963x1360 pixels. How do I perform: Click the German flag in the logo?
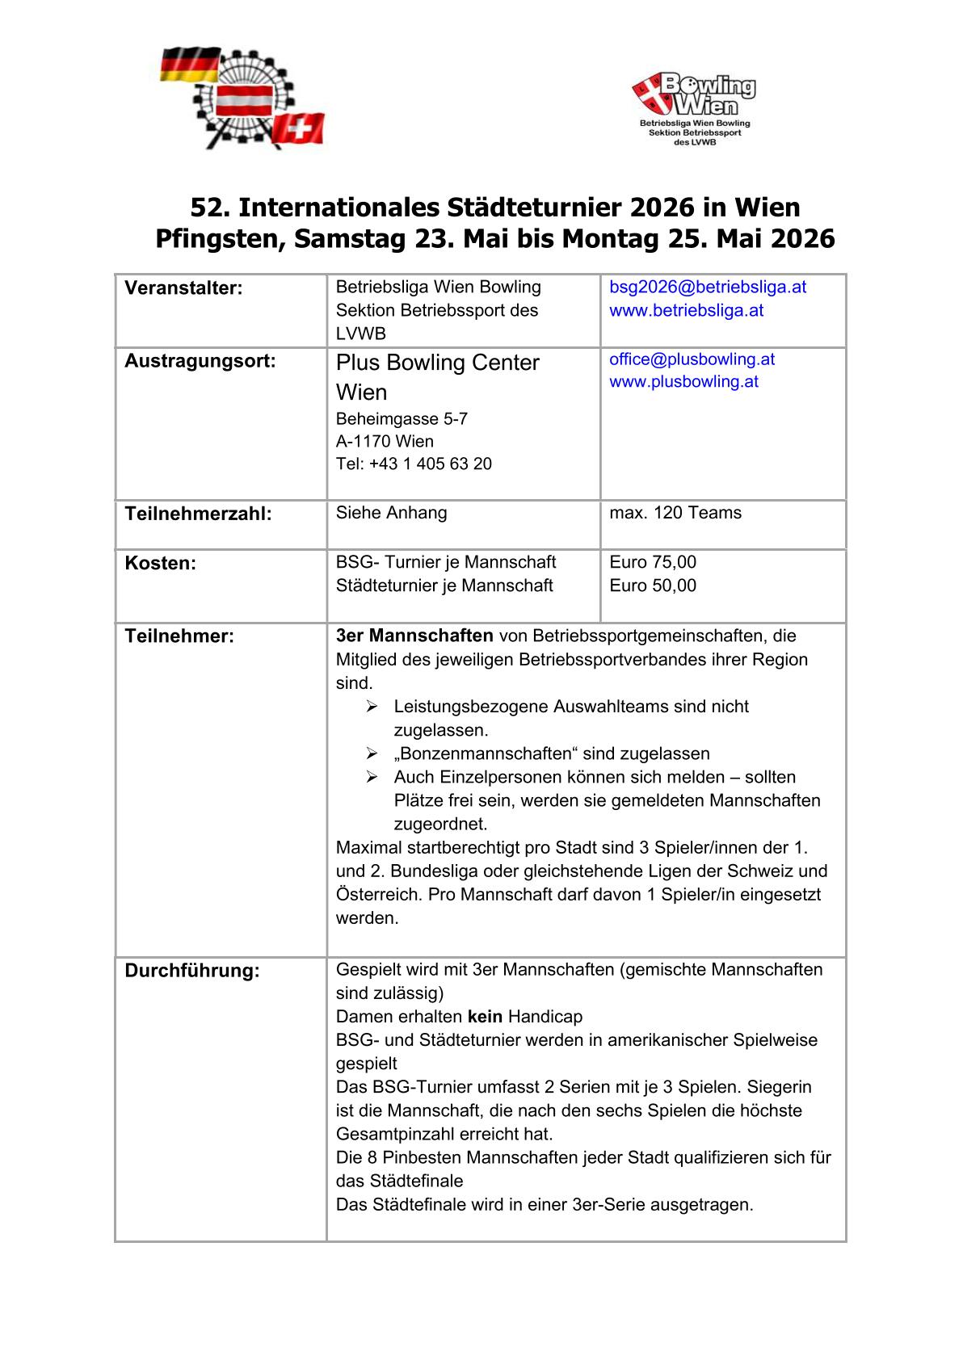coord(189,64)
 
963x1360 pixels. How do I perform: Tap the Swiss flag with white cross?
coord(298,128)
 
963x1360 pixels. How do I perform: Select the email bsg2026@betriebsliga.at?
coord(708,288)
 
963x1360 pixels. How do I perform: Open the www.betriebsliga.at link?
coord(686,311)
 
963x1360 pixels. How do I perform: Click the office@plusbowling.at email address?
coord(692,359)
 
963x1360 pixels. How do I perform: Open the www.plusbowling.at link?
coord(683,382)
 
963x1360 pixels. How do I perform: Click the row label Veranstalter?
coord(183,288)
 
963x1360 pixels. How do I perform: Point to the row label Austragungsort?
coord(200,361)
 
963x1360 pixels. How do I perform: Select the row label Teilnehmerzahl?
coord(198,514)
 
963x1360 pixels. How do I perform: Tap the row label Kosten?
coord(160,563)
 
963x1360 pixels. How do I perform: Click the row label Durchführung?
coord(192,971)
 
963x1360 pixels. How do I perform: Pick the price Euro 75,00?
coord(653,562)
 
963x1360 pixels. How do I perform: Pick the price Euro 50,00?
coord(653,586)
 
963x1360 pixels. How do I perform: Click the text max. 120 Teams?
coord(675,513)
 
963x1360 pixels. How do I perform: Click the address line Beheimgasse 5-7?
coord(402,419)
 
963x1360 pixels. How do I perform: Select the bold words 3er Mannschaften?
coord(414,636)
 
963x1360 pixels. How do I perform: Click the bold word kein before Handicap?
coord(485,1017)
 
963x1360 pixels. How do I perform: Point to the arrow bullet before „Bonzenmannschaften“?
coord(372,753)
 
